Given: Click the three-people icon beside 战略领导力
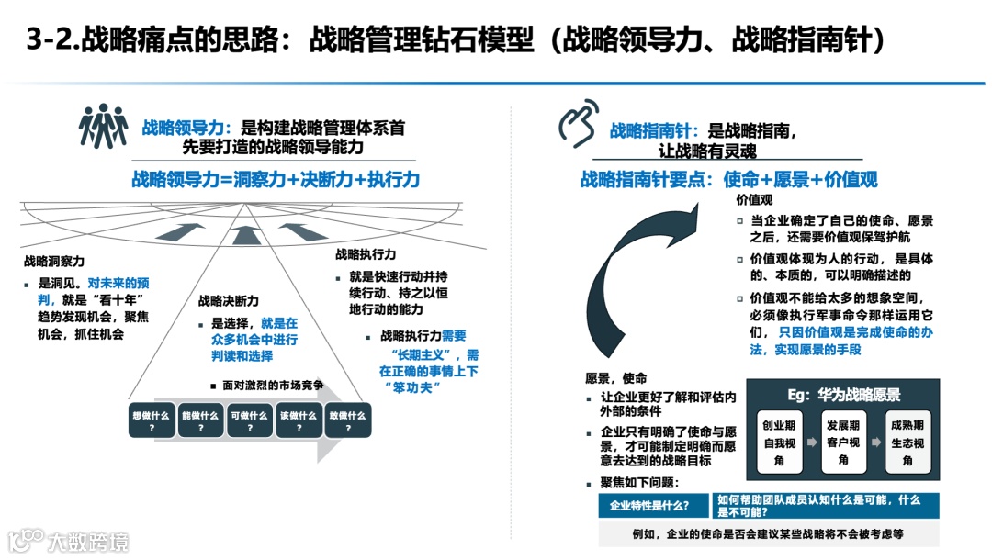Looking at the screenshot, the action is [x=103, y=126].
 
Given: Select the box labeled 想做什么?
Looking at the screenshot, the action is [x=151, y=420].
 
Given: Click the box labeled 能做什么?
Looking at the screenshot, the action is [x=200, y=420].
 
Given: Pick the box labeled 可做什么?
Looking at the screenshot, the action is [x=249, y=420].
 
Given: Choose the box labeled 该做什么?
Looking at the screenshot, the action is [x=299, y=420].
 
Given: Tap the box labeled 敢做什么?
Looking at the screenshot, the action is [x=347, y=420].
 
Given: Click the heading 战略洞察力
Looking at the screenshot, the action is [x=54, y=262].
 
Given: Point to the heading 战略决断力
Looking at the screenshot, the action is [x=229, y=301].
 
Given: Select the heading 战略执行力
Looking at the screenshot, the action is [x=366, y=254].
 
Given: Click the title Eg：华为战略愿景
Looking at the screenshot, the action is [x=843, y=396].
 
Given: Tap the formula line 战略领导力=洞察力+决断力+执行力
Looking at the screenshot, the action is [x=275, y=180].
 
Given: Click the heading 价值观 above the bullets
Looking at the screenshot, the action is [x=754, y=199].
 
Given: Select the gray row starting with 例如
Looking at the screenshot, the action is [x=768, y=532].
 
